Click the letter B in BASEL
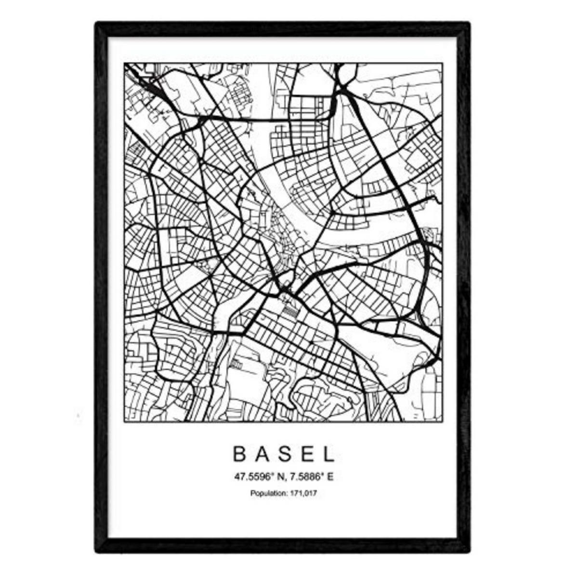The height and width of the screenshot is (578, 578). (x=239, y=454)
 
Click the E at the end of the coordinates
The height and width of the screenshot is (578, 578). (x=330, y=478)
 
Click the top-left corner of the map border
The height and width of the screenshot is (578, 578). (x=124, y=63)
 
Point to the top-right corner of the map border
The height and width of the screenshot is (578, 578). (x=442, y=63)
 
